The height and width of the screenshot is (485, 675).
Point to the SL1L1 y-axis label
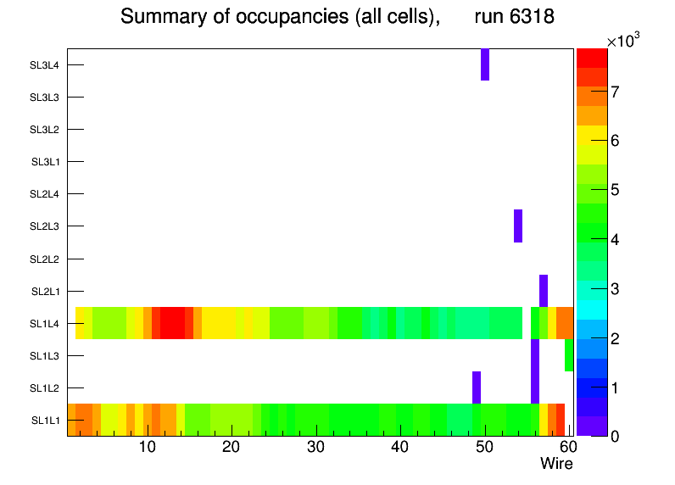pos(46,421)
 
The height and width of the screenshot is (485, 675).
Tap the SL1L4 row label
pos(46,324)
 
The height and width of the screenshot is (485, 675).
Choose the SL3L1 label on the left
pos(46,162)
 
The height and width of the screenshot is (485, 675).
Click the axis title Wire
pos(556,464)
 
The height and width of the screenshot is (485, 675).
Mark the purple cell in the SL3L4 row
pos(485,64)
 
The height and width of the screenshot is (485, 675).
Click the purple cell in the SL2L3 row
pos(518,226)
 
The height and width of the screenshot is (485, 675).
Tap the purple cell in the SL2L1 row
pos(544,290)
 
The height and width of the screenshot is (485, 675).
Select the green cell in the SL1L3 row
pos(569,354)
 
